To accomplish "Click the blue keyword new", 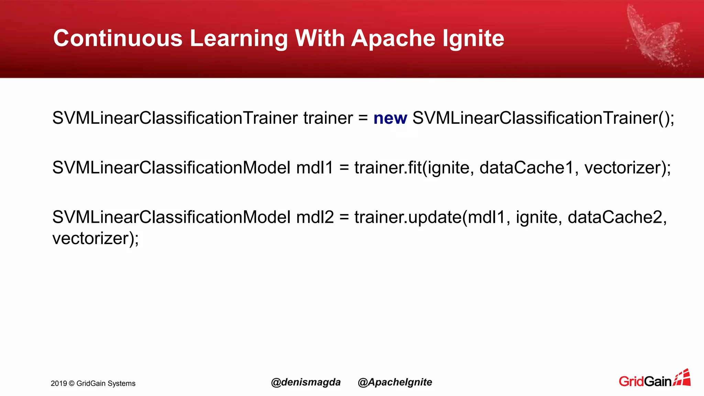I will (390, 118).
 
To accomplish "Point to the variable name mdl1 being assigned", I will (315, 168).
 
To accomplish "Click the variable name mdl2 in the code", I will (315, 217).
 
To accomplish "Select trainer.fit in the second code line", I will (388, 168).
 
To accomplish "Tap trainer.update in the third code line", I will (408, 217).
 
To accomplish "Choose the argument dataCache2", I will (617, 217).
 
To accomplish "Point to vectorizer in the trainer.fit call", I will (624, 168).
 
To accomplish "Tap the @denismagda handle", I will (306, 382).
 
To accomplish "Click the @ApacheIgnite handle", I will (395, 382).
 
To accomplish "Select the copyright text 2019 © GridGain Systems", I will (93, 383).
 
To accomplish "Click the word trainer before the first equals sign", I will (328, 118).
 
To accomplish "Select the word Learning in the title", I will (239, 38).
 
